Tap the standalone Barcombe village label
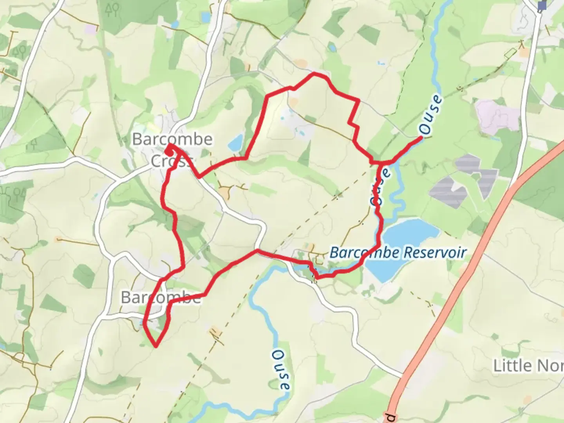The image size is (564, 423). [161, 298]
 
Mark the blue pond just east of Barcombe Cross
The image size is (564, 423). [236, 143]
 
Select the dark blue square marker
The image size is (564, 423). [542, 5]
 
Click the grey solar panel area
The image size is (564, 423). [462, 180]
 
